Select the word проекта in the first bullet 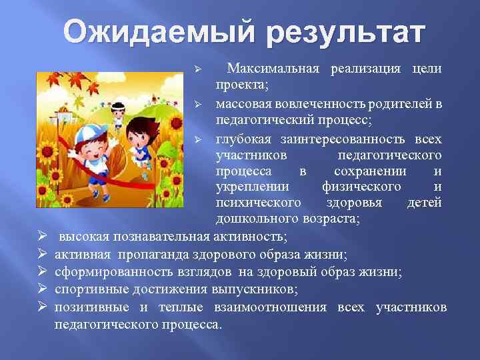[x=239, y=87]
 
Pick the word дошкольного [x=253, y=219]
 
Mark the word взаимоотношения [x=270, y=307]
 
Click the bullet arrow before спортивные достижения [x=41, y=289]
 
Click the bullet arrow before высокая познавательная [x=41, y=237]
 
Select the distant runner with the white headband [x=118, y=110]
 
